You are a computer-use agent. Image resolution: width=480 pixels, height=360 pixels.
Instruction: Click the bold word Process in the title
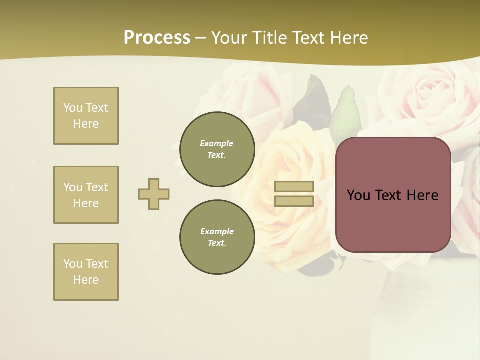(157, 38)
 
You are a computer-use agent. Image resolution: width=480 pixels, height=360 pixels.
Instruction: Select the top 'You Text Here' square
(86, 116)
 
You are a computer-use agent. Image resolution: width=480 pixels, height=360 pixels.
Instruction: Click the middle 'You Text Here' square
(86, 195)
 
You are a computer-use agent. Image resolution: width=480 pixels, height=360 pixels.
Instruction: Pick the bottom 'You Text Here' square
(86, 272)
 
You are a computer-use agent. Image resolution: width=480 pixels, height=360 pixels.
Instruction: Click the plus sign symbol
(154, 194)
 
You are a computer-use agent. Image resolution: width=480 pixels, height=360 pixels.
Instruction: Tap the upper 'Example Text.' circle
(217, 149)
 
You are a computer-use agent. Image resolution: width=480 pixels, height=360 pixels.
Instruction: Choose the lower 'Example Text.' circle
(217, 237)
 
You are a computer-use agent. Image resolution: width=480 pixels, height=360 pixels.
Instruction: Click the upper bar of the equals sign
(294, 187)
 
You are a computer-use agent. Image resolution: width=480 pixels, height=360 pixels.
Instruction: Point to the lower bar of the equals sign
(294, 201)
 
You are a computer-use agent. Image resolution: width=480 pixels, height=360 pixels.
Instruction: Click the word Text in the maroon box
(389, 195)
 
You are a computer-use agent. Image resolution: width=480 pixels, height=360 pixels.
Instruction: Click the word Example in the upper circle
(217, 143)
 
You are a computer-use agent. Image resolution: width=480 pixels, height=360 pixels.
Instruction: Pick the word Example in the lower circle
(217, 231)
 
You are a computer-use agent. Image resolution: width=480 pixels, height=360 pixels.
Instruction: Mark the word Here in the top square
(86, 124)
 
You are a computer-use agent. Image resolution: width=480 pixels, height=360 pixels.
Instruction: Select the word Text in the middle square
(96, 187)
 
